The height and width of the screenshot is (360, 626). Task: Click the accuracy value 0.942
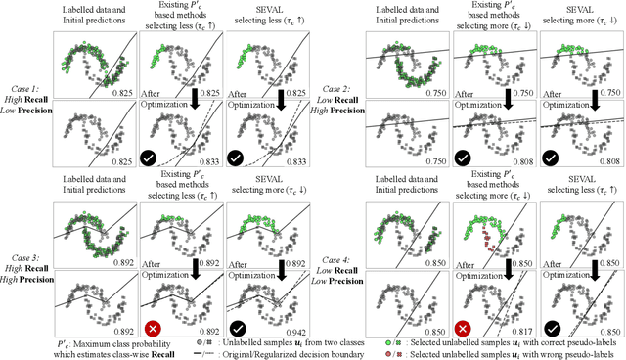point(283,332)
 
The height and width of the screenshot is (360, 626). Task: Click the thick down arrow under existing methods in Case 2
point(509,99)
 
